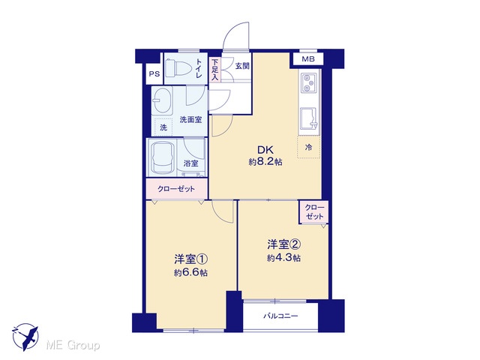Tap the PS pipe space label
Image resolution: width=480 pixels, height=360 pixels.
pos(154,73)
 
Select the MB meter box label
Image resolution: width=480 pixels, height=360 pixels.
pos(308,59)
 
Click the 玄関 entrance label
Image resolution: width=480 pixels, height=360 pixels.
pos(242,66)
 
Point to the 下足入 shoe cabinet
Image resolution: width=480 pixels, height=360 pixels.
pos(215,70)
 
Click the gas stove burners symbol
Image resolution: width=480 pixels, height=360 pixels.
pos(309,82)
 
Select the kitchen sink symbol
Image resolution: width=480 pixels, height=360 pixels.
pos(309,118)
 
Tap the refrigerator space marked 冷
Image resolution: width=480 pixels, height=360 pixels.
pos(308,147)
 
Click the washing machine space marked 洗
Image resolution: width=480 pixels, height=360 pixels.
pos(163,127)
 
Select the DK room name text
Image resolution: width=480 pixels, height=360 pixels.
pos(265,150)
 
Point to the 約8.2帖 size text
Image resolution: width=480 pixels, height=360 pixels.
pos(265,162)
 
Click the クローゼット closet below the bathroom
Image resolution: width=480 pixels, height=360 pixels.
pos(177,189)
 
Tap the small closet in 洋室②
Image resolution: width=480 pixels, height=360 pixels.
pos(314,212)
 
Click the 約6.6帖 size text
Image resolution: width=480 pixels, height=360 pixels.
pos(190,272)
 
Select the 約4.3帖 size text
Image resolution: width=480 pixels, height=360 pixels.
pos(283,258)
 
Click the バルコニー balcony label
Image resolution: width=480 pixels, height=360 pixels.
pos(280,316)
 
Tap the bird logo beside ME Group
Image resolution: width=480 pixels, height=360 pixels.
pos(25,337)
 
